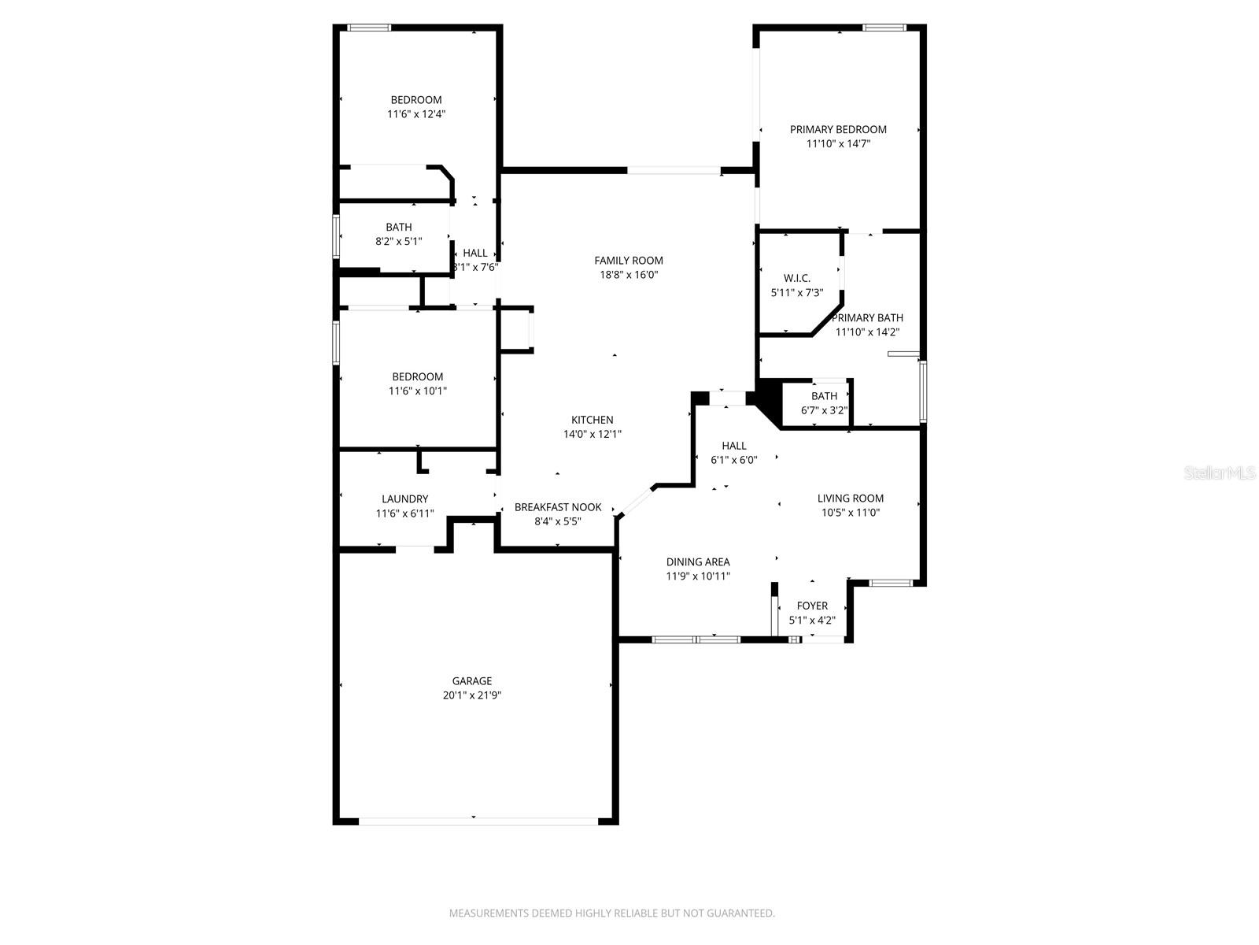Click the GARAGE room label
(x=471, y=681)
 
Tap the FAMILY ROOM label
(x=629, y=261)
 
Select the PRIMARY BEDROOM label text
(x=838, y=130)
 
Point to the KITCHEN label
(x=592, y=420)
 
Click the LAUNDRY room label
(x=405, y=499)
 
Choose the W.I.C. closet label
(x=796, y=278)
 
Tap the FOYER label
(x=812, y=606)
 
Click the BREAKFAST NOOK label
(x=558, y=507)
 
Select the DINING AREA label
(x=697, y=562)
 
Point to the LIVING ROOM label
(x=850, y=498)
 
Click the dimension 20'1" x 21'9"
(x=472, y=695)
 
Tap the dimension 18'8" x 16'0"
(x=629, y=275)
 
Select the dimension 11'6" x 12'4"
(x=416, y=114)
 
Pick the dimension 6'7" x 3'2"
(x=824, y=411)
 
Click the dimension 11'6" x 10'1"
(x=418, y=391)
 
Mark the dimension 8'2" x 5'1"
(x=399, y=242)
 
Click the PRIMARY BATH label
(x=867, y=318)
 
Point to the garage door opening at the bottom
(x=478, y=821)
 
